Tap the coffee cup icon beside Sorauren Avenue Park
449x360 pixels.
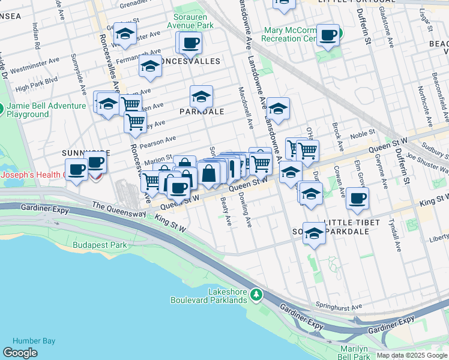point(190,43)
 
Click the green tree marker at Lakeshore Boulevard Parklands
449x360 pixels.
point(256,295)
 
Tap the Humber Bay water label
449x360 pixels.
point(34,341)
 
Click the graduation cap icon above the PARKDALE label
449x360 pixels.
point(201,96)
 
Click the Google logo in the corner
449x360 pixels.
point(20,352)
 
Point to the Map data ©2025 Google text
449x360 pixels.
point(411,355)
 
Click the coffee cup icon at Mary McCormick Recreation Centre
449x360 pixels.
point(328,35)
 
